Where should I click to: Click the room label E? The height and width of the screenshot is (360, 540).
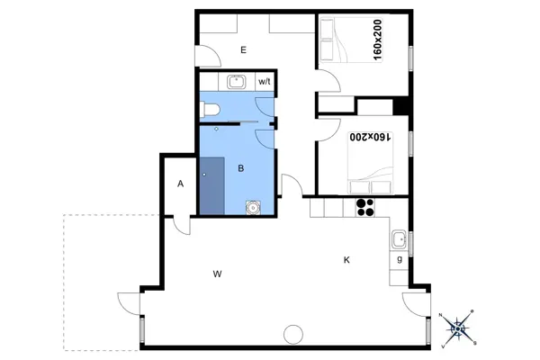click(x=243, y=50)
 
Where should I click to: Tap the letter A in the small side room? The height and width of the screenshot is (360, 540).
click(x=181, y=184)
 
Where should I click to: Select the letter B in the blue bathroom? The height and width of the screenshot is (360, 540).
click(x=241, y=167)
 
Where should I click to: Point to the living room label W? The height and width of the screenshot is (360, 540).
click(x=218, y=272)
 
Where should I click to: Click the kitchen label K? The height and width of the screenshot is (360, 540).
click(x=346, y=260)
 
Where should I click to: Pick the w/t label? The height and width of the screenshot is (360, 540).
click(x=265, y=82)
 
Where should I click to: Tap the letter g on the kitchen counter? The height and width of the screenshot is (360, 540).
click(x=399, y=260)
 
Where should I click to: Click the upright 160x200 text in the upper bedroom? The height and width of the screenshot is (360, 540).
click(x=377, y=40)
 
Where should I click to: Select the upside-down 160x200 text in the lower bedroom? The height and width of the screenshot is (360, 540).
click(x=369, y=137)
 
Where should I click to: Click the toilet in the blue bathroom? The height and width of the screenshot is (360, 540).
click(x=210, y=110)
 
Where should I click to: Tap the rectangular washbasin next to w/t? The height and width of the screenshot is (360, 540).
click(x=238, y=82)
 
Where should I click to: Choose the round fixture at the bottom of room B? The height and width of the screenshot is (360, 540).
click(x=254, y=208)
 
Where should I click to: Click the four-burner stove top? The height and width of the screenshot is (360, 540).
click(x=366, y=207)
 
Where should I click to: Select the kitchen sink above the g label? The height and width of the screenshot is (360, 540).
click(x=399, y=239)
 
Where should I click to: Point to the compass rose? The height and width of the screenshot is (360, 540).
click(x=459, y=328)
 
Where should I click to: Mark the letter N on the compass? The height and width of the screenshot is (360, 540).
click(x=442, y=314)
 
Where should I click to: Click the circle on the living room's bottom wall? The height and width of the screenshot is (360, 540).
click(x=292, y=334)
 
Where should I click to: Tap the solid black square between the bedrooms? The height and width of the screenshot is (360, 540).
click(x=401, y=105)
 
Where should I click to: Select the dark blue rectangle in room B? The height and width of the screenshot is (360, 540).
click(x=212, y=184)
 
